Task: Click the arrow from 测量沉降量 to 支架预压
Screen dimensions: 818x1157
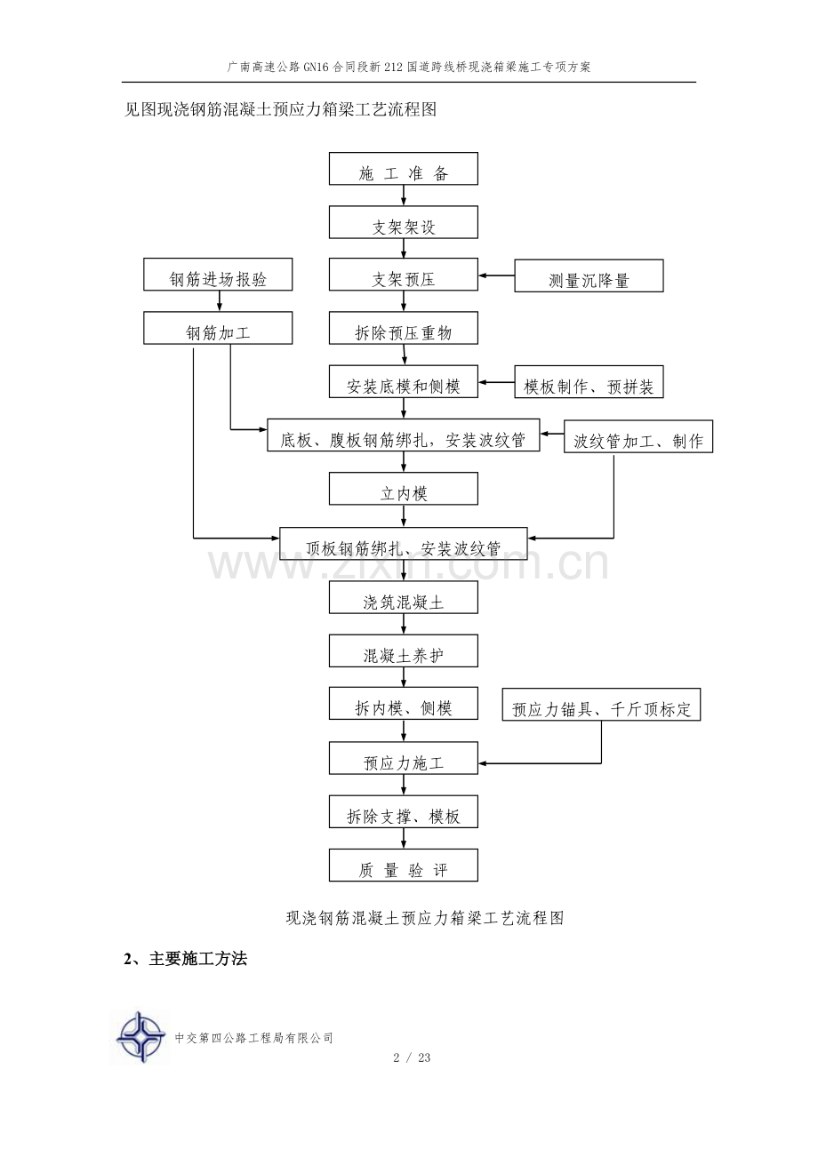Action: [496, 275]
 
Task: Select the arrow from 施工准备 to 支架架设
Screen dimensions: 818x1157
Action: [404, 195]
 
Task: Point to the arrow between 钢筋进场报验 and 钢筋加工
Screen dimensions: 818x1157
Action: [219, 301]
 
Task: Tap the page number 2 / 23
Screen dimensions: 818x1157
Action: [412, 1057]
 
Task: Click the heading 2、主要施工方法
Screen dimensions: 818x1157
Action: [186, 959]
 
